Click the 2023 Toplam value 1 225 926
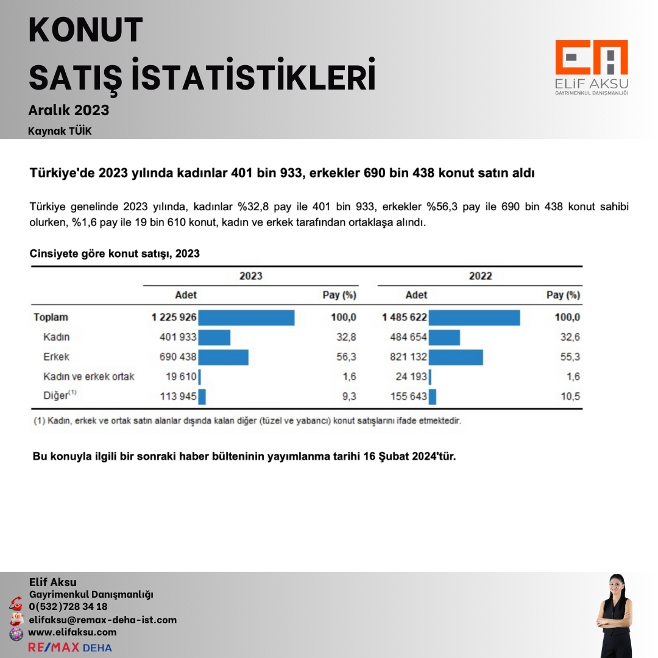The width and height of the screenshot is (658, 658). coord(174,317)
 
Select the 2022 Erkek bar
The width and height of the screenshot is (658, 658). coord(456,357)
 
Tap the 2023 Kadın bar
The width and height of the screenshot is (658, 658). coord(214,338)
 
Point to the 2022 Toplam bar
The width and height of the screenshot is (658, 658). coord(474,317)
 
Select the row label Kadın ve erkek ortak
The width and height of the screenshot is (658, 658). coord(89,377)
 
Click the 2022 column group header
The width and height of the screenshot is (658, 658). coord(480,276)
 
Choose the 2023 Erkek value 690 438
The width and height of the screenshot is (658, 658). coord(177,357)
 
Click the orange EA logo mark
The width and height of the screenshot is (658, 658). coord(591,58)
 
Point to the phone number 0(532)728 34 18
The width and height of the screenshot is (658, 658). coord(68,607)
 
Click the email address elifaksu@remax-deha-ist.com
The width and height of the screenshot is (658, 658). coord(102,620)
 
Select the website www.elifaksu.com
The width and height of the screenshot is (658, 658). coord(72,632)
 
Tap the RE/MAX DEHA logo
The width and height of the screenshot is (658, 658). coord(70,647)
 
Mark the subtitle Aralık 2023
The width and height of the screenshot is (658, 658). coord(69,110)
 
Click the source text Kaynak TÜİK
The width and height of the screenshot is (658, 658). coord(60,131)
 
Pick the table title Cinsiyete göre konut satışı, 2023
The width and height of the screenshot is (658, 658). coord(115,253)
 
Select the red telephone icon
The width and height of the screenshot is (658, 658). coord(16,605)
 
